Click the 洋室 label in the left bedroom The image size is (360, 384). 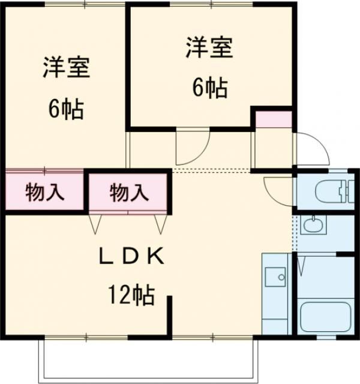(x=66, y=68)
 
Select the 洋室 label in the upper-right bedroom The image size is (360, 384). (x=208, y=48)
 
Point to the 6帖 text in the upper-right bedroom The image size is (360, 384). (x=209, y=88)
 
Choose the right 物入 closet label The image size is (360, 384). (x=128, y=193)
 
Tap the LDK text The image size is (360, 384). (x=131, y=256)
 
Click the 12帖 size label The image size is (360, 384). (x=131, y=295)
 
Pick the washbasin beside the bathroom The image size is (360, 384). (x=312, y=226)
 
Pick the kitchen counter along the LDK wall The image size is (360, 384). (x=277, y=294)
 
